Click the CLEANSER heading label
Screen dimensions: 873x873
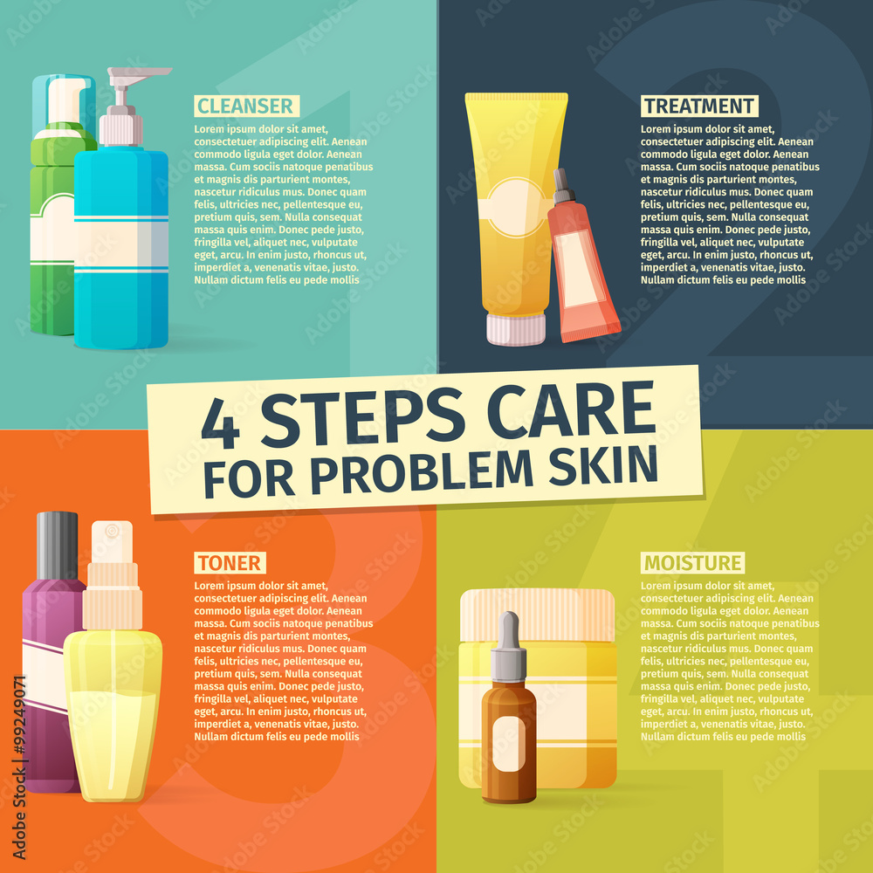click(x=246, y=107)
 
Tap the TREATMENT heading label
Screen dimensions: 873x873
click(x=698, y=107)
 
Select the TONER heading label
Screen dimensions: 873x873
click(x=230, y=563)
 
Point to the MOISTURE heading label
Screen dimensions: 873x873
click(x=693, y=563)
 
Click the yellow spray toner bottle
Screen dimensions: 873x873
click(x=113, y=698)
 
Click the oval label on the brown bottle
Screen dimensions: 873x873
click(x=509, y=743)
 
